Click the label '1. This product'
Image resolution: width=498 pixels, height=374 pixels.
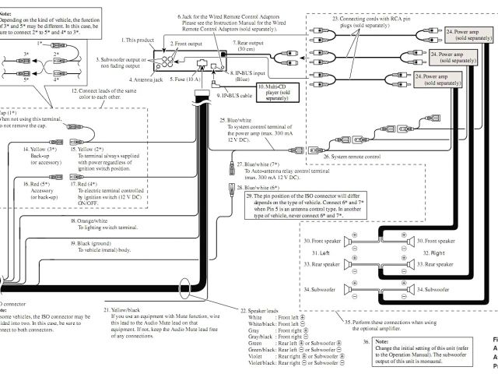tap(139, 39)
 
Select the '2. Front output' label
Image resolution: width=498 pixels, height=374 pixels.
tap(189, 44)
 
